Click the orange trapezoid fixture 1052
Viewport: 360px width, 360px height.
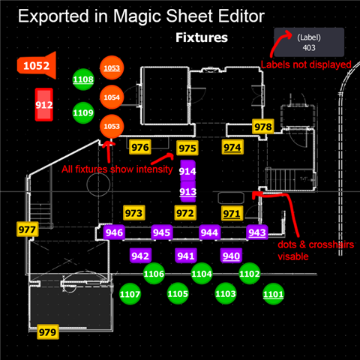[37, 65]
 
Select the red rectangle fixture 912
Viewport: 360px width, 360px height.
[44, 104]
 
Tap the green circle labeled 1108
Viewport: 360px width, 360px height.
[83, 79]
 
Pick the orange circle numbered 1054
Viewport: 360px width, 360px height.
[112, 97]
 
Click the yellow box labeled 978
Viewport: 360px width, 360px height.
[263, 127]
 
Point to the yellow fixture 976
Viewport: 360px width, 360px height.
[140, 147]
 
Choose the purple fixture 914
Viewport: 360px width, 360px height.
[187, 171]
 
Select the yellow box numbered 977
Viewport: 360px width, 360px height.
[27, 229]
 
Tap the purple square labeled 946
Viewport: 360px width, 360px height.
[114, 232]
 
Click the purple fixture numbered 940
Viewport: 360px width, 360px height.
[231, 256]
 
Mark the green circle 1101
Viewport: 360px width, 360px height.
[273, 294]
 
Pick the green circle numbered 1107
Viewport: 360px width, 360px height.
[130, 294]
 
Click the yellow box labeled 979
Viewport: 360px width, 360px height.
[48, 332]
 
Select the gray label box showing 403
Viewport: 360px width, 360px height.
[309, 42]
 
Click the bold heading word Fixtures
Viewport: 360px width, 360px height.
[202, 37]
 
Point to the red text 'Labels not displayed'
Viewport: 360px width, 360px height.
[306, 64]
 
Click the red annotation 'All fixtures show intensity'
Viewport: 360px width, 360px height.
[117, 169]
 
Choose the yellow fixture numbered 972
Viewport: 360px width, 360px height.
[185, 213]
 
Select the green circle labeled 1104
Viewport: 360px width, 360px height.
[202, 274]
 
